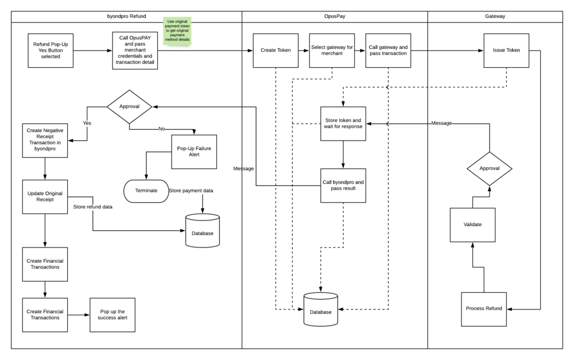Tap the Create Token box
(x=276, y=50)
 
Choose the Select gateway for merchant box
(x=332, y=50)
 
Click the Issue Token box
(x=506, y=50)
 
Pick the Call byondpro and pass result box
(x=343, y=185)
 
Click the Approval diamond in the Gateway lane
(x=489, y=168)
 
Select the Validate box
(x=472, y=224)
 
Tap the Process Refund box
(x=484, y=309)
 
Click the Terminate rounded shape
(x=146, y=191)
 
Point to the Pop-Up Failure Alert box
(x=194, y=152)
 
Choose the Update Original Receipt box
(x=45, y=197)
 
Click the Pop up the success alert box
(x=113, y=314)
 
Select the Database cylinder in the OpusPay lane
(x=321, y=310)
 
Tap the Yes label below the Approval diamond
(x=87, y=122)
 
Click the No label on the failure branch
(x=161, y=129)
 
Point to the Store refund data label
(x=93, y=207)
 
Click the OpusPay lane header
(x=334, y=17)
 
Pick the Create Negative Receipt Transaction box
(x=45, y=140)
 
